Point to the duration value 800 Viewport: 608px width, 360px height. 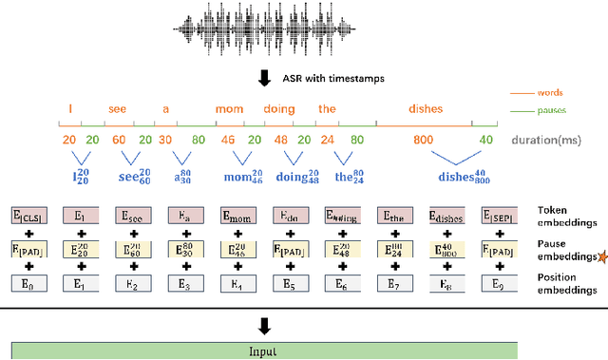[422, 140]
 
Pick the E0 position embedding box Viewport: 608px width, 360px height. [27, 283]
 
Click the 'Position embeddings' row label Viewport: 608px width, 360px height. [561, 283]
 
